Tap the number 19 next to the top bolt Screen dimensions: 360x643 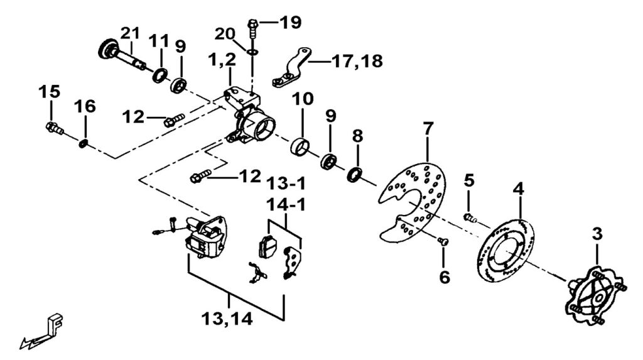click(291, 23)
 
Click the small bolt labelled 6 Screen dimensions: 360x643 click(443, 241)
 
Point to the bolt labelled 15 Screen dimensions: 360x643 click(53, 128)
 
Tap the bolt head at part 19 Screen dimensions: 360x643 click(252, 25)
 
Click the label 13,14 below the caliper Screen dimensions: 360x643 click(228, 319)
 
